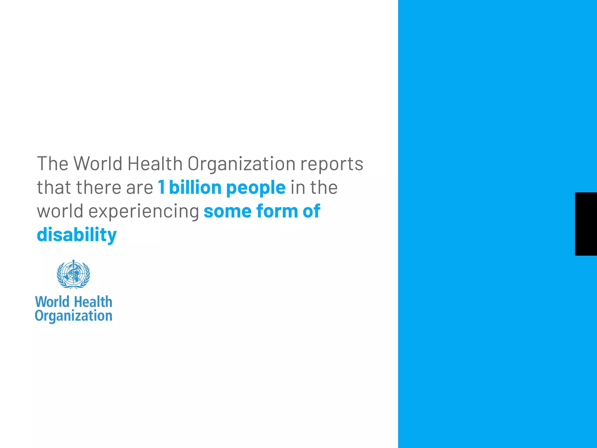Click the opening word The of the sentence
[x=52, y=164]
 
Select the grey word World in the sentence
[x=98, y=164]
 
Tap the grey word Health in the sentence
[x=155, y=164]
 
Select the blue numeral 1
[x=161, y=187]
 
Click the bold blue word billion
[x=195, y=187]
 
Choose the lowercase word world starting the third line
[x=60, y=211]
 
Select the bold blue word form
[x=277, y=211]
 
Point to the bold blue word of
[x=311, y=211]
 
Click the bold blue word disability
[x=77, y=235]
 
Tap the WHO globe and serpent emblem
[x=73, y=274]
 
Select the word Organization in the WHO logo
[x=73, y=316]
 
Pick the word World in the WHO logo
[x=52, y=302]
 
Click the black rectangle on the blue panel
[x=586, y=224]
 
